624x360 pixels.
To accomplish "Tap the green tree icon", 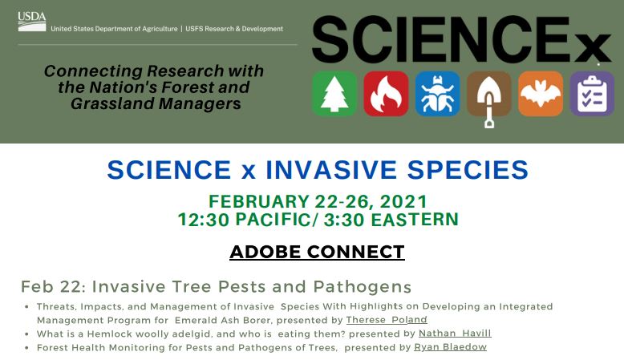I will (334, 94).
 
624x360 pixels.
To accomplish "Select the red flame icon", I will (386, 94).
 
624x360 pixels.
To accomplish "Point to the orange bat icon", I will (540, 94).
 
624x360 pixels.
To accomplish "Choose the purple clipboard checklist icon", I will (592, 94).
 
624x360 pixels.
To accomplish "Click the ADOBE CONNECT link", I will (317, 252).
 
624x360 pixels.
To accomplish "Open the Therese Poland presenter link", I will (387, 320).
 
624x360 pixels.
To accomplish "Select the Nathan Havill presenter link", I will (455, 334).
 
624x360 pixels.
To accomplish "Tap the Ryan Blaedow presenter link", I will (450, 347).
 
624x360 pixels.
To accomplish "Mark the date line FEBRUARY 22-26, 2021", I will (318, 201).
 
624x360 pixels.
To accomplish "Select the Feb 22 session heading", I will (216, 286).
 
